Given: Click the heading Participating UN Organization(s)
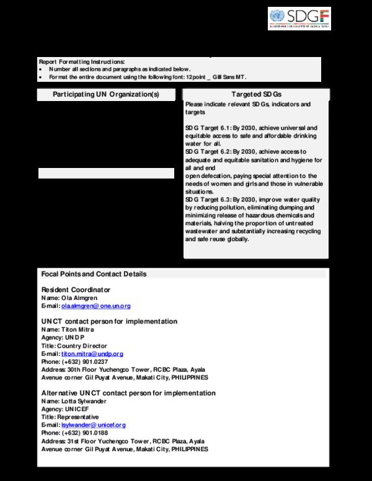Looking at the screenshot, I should [106, 94].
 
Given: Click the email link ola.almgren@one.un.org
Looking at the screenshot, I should [95, 306].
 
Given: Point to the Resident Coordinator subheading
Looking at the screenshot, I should [76, 290].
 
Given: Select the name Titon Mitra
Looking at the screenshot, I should [77, 330].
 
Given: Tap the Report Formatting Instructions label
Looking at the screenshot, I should [81, 62].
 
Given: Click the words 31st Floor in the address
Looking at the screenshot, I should [82, 441].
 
